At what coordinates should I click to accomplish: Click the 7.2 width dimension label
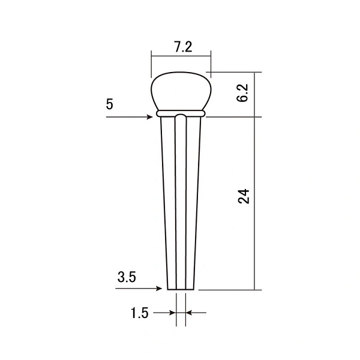[183, 47]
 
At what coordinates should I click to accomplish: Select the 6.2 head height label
[242, 93]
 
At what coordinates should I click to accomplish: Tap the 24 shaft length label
[244, 196]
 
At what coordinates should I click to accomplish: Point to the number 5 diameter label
[110, 104]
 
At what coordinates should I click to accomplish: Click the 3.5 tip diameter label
[127, 277]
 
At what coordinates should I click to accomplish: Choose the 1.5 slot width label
[139, 313]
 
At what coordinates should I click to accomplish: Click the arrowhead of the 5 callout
[149, 117]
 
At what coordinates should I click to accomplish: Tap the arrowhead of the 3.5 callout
[159, 289]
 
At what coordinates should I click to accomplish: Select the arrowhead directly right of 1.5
[172, 313]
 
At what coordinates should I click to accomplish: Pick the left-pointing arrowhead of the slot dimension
[189, 313]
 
